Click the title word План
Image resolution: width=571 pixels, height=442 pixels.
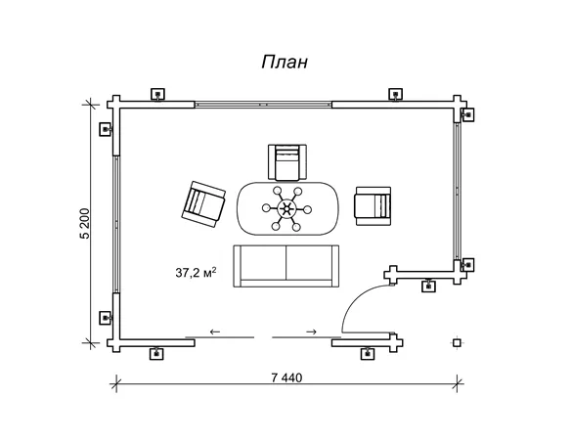[285, 63]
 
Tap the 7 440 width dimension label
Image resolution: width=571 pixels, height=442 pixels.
[286, 377]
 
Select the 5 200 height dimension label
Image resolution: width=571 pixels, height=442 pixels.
[84, 223]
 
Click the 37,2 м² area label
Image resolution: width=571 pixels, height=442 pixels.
[196, 272]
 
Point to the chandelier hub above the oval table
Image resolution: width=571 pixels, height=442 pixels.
[286, 208]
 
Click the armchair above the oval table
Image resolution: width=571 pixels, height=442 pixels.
[286, 162]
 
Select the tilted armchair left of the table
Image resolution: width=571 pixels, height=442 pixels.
[203, 204]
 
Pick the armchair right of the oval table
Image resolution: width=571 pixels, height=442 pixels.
[373, 206]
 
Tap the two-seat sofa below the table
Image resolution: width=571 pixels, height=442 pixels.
[286, 266]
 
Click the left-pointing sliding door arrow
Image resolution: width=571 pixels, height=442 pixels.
[215, 331]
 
